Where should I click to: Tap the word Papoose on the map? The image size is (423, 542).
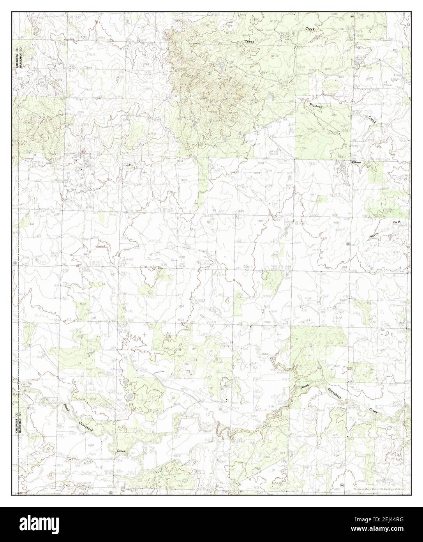[316, 106]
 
